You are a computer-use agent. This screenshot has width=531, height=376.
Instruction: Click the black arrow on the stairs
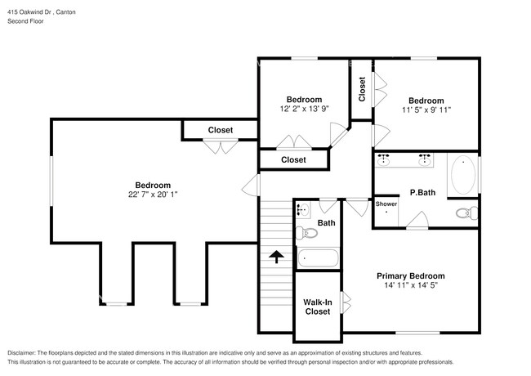pyautogui.click(x=277, y=257)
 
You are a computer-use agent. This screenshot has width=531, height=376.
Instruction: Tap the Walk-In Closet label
pyautogui.click(x=317, y=307)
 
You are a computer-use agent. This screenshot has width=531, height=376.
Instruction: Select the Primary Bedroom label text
pyautogui.click(x=410, y=275)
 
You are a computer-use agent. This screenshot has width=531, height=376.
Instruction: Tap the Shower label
pyautogui.click(x=386, y=204)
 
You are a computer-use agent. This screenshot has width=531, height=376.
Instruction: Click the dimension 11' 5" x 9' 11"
pyautogui.click(x=426, y=110)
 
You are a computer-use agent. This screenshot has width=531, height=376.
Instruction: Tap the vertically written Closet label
pyautogui.click(x=362, y=89)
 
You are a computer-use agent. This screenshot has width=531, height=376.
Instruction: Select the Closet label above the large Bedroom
pyautogui.click(x=220, y=130)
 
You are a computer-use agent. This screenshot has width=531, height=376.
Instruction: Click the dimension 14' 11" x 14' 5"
pyautogui.click(x=410, y=286)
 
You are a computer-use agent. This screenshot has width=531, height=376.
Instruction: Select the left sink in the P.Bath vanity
pyautogui.click(x=383, y=159)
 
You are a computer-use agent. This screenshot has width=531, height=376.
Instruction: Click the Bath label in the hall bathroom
pyautogui.click(x=326, y=222)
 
